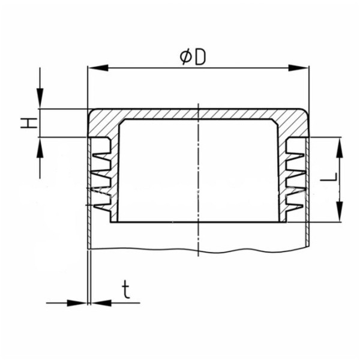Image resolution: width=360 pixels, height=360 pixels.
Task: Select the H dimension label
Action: click(27, 124)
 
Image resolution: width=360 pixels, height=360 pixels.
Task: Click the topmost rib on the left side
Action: click(103, 144)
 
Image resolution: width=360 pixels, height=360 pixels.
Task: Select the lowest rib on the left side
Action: click(103, 206)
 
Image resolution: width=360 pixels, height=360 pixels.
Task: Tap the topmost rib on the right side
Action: click(295, 144)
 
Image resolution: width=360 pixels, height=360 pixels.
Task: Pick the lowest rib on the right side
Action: click(295, 206)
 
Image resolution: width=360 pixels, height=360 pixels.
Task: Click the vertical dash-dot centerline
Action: click(197, 180)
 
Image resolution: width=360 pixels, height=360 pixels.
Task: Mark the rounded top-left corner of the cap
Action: click(92, 113)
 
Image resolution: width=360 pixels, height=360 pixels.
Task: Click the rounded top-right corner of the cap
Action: click(305, 113)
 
